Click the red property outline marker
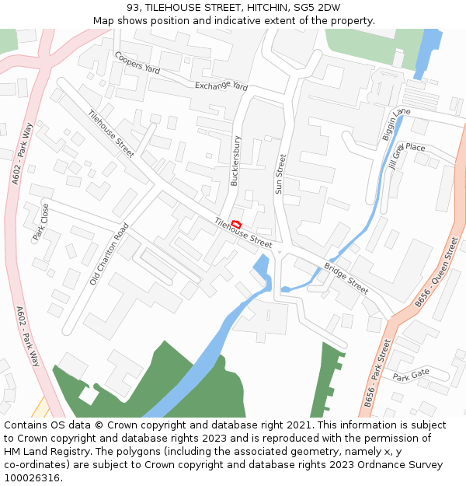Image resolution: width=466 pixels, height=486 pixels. pos(237,225)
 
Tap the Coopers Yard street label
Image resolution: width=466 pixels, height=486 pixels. pos(137,63)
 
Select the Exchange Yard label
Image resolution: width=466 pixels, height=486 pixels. pos(221,86)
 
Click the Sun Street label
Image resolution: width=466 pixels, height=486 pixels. pos(280,174)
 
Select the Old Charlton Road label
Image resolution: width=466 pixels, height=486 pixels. pos(109,253)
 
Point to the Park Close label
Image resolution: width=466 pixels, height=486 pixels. pos(40,222)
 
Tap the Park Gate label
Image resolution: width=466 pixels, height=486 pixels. pos(410,375)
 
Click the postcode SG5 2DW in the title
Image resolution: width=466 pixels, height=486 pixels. pos(318,8)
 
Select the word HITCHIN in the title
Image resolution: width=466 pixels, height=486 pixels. pos(264,8)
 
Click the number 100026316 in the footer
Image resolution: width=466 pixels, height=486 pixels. pos(32,477)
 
